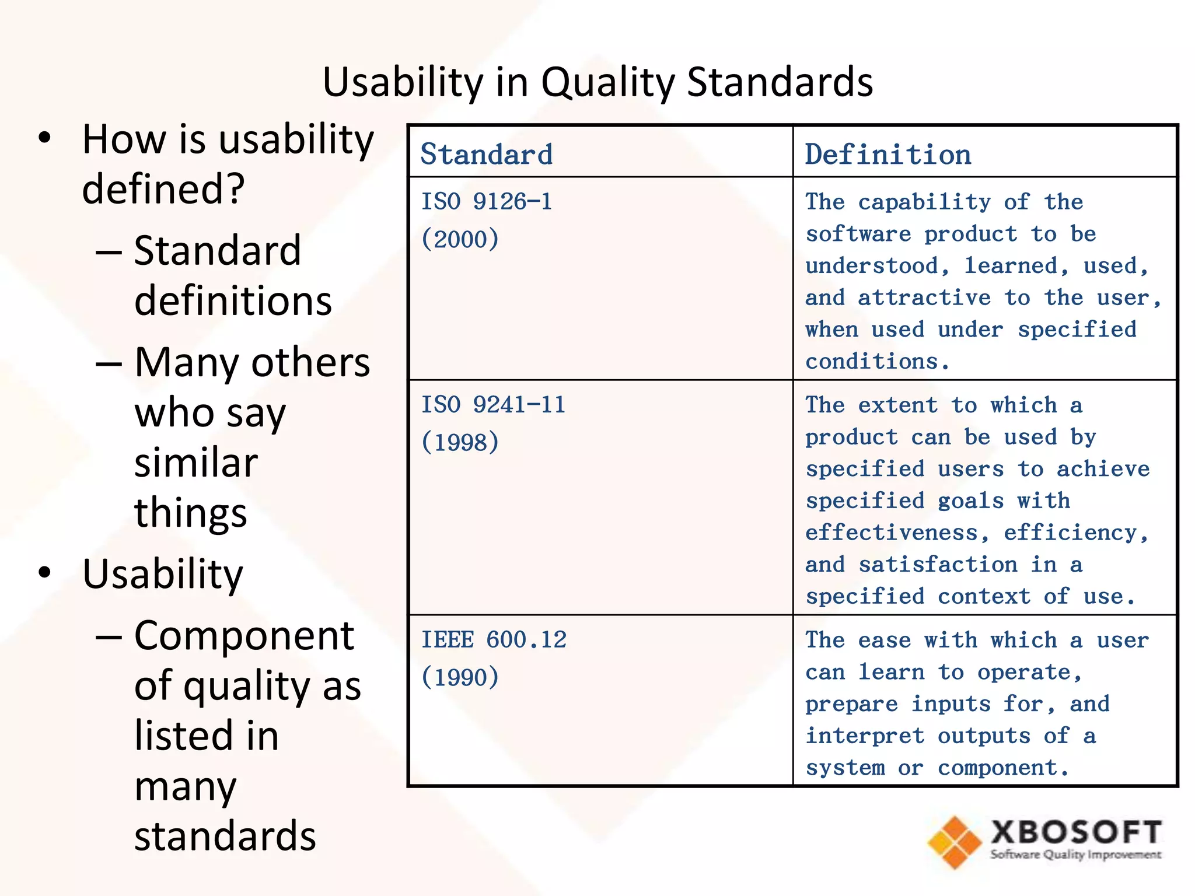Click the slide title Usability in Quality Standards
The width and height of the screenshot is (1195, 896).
click(597, 82)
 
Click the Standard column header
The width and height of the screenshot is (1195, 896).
click(486, 155)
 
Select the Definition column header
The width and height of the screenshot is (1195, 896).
click(887, 155)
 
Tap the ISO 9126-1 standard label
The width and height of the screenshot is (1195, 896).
click(486, 202)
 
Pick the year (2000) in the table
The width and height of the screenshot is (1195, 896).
click(460, 239)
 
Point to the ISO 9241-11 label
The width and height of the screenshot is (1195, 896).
click(493, 405)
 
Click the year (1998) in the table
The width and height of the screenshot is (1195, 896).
click(460, 442)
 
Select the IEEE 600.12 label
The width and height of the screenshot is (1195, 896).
click(494, 640)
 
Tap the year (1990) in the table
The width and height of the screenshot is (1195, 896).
click(460, 677)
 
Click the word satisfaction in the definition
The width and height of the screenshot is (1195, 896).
click(938, 565)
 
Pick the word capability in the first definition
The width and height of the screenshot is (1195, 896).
click(924, 202)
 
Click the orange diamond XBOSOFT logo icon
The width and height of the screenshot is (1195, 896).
click(955, 842)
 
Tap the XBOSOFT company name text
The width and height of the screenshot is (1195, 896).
click(1075, 832)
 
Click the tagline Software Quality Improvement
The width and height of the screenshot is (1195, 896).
click(1075, 855)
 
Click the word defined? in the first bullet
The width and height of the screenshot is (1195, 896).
click(163, 189)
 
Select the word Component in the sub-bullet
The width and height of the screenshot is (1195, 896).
click(244, 635)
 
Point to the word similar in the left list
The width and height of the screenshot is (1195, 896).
click(196, 463)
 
